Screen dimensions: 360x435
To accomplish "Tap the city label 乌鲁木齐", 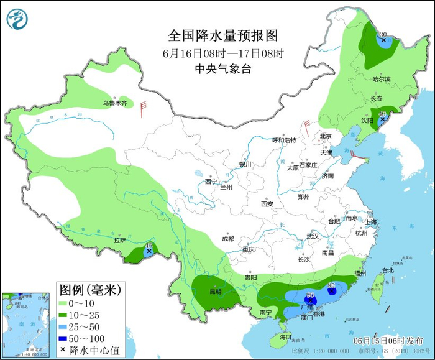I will click(115, 103).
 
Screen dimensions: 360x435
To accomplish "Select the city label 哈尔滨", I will click(382, 80).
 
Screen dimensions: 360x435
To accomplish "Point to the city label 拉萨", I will click(120, 240).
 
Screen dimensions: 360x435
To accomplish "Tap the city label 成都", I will click(227, 239).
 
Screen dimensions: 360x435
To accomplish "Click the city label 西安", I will click(267, 203).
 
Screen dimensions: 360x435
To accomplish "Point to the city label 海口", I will click(285, 336).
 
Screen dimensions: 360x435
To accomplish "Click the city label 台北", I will click(388, 270).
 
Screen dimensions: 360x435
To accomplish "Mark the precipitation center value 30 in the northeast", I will click(383, 35).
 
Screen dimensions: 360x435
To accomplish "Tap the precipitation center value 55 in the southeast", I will click(331, 285).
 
